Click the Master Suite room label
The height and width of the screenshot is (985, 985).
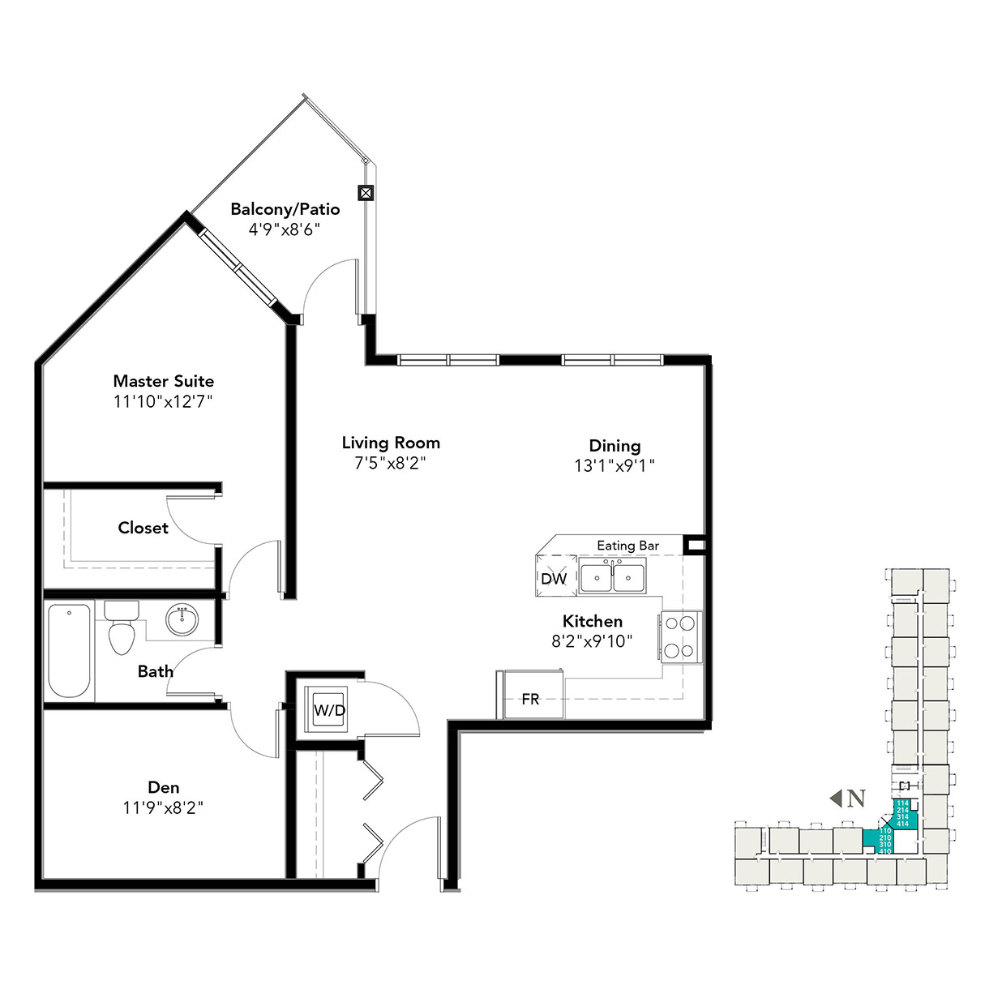pyautogui.click(x=164, y=381)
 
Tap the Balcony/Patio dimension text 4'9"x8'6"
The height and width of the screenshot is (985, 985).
pyautogui.click(x=285, y=229)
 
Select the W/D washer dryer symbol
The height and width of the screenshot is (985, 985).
pyautogui.click(x=329, y=710)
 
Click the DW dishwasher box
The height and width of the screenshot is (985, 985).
pyautogui.click(x=555, y=578)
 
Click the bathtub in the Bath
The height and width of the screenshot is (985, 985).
pyautogui.click(x=69, y=651)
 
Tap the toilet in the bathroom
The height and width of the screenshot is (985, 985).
pyautogui.click(x=122, y=628)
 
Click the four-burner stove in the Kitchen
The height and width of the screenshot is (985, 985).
pyautogui.click(x=680, y=636)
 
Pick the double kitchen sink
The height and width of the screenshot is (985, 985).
pyautogui.click(x=613, y=578)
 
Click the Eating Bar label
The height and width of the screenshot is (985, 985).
pyautogui.click(x=627, y=546)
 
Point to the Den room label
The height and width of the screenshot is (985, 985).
pyautogui.click(x=164, y=787)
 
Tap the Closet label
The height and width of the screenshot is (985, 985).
pyautogui.click(x=143, y=528)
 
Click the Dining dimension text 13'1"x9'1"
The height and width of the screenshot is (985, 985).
pyautogui.click(x=615, y=465)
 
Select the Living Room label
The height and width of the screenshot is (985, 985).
pyautogui.click(x=391, y=443)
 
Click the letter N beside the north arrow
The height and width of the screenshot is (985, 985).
pyautogui.click(x=856, y=799)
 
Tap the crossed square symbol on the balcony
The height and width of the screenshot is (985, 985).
pyautogui.click(x=366, y=193)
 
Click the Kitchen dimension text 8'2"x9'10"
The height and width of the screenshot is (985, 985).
pyautogui.click(x=592, y=641)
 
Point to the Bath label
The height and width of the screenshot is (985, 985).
pyautogui.click(x=155, y=671)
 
